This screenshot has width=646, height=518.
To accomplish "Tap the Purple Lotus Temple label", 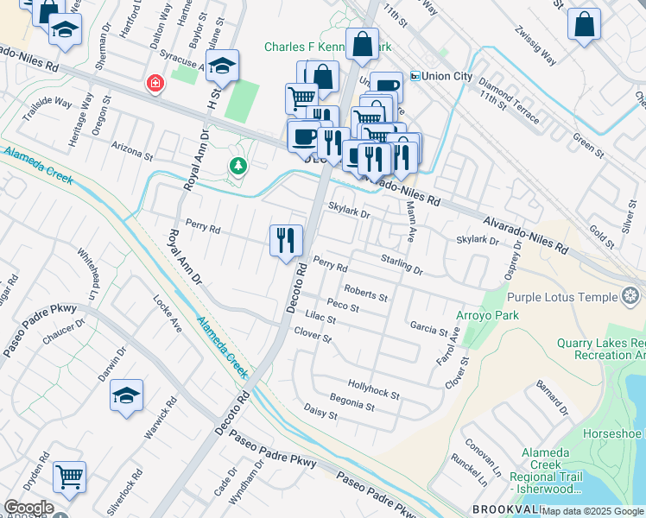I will [x=562, y=297].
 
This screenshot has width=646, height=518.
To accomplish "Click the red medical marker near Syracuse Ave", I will [x=155, y=84].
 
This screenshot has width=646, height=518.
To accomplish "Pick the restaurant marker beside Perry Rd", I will [x=286, y=240].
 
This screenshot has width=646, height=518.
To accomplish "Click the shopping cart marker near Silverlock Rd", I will [x=69, y=476].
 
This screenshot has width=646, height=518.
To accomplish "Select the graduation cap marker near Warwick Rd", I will [x=126, y=396].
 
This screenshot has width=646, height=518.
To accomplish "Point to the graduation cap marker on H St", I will [x=222, y=66].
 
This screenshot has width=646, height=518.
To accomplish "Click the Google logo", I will [x=28, y=508].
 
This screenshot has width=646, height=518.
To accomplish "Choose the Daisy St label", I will [x=320, y=413].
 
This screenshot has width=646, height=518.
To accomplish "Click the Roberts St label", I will [x=366, y=293].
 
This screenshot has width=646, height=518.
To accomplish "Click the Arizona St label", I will [x=132, y=152].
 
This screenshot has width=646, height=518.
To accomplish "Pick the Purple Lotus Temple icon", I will [x=631, y=297].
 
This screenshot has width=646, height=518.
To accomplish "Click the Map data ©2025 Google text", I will [x=592, y=511].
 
